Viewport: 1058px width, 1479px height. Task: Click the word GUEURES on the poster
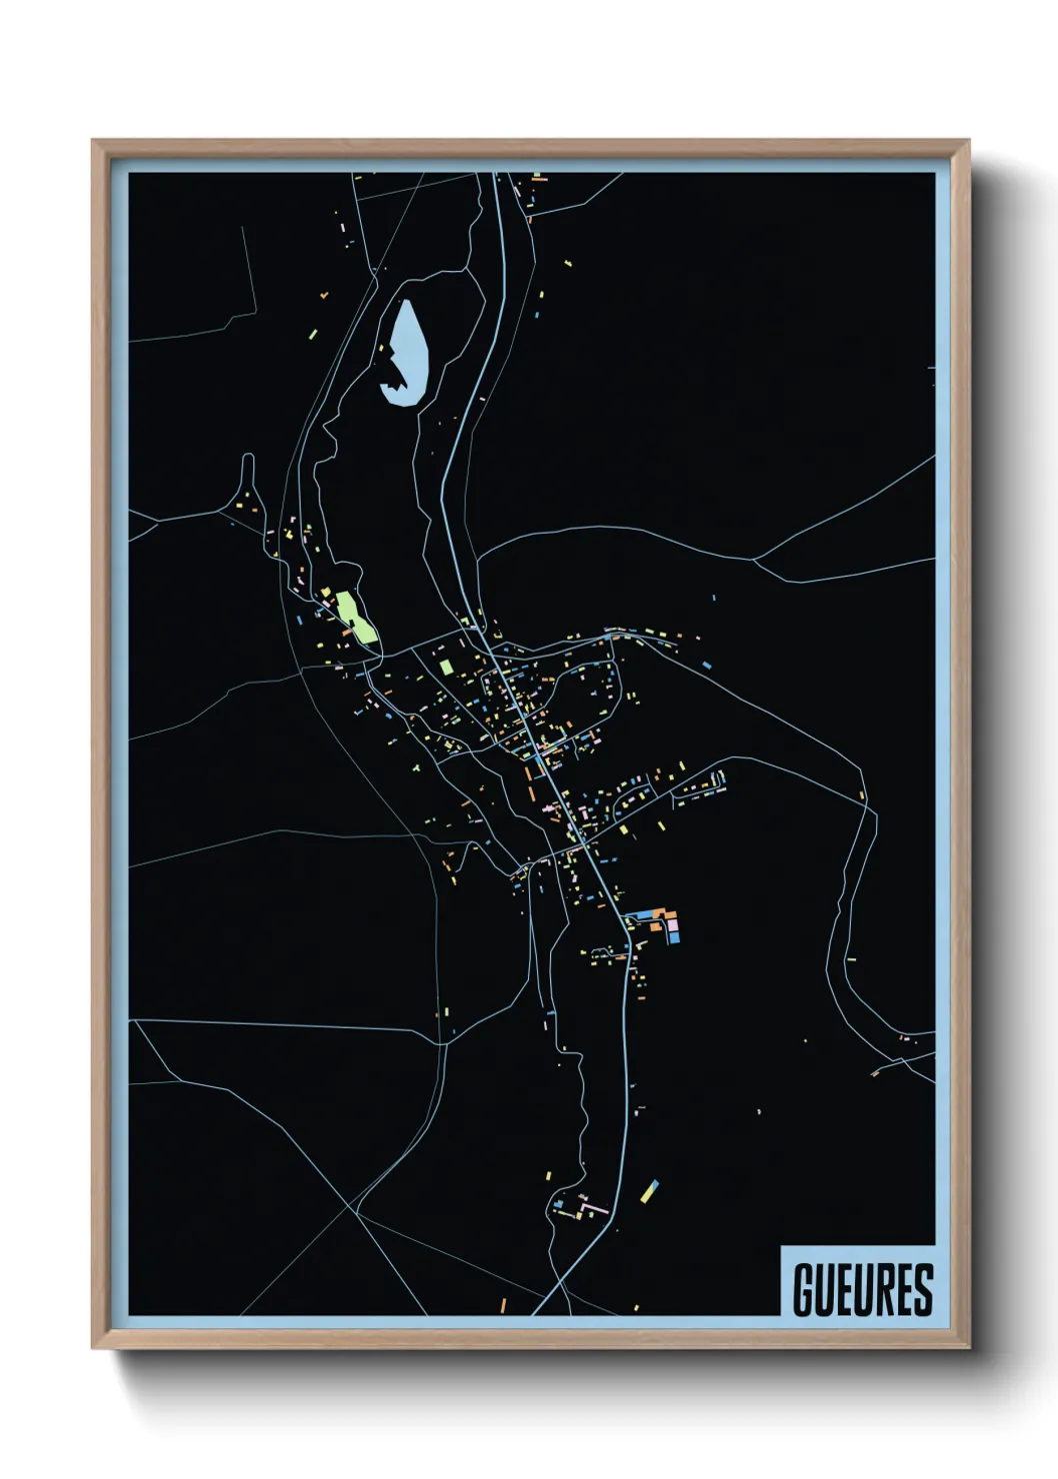click(862, 1289)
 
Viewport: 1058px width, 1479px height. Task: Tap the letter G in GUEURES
click(803, 1289)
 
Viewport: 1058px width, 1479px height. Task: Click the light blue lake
click(408, 350)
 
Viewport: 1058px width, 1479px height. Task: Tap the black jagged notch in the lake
click(395, 381)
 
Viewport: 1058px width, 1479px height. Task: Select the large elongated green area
click(356, 616)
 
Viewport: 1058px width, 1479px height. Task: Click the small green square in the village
click(446, 666)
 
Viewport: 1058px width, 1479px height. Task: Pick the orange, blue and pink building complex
click(660, 923)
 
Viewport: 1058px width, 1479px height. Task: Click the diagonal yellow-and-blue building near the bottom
click(650, 1189)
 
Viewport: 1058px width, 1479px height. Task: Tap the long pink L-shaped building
click(590, 1210)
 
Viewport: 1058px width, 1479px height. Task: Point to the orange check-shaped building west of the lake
click(324, 295)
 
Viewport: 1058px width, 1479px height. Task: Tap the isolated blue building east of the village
click(706, 665)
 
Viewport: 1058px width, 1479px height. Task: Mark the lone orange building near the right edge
click(861, 795)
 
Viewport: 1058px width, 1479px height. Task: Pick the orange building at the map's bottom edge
click(503, 1304)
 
